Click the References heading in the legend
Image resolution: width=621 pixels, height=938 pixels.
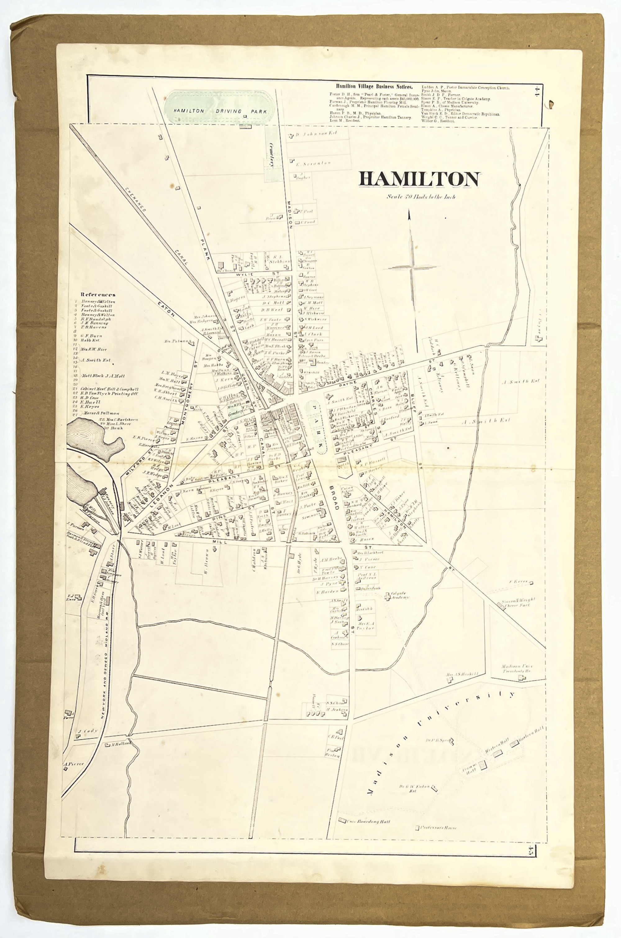coord(98,294)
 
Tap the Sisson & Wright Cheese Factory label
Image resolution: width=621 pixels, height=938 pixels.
coord(519,602)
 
